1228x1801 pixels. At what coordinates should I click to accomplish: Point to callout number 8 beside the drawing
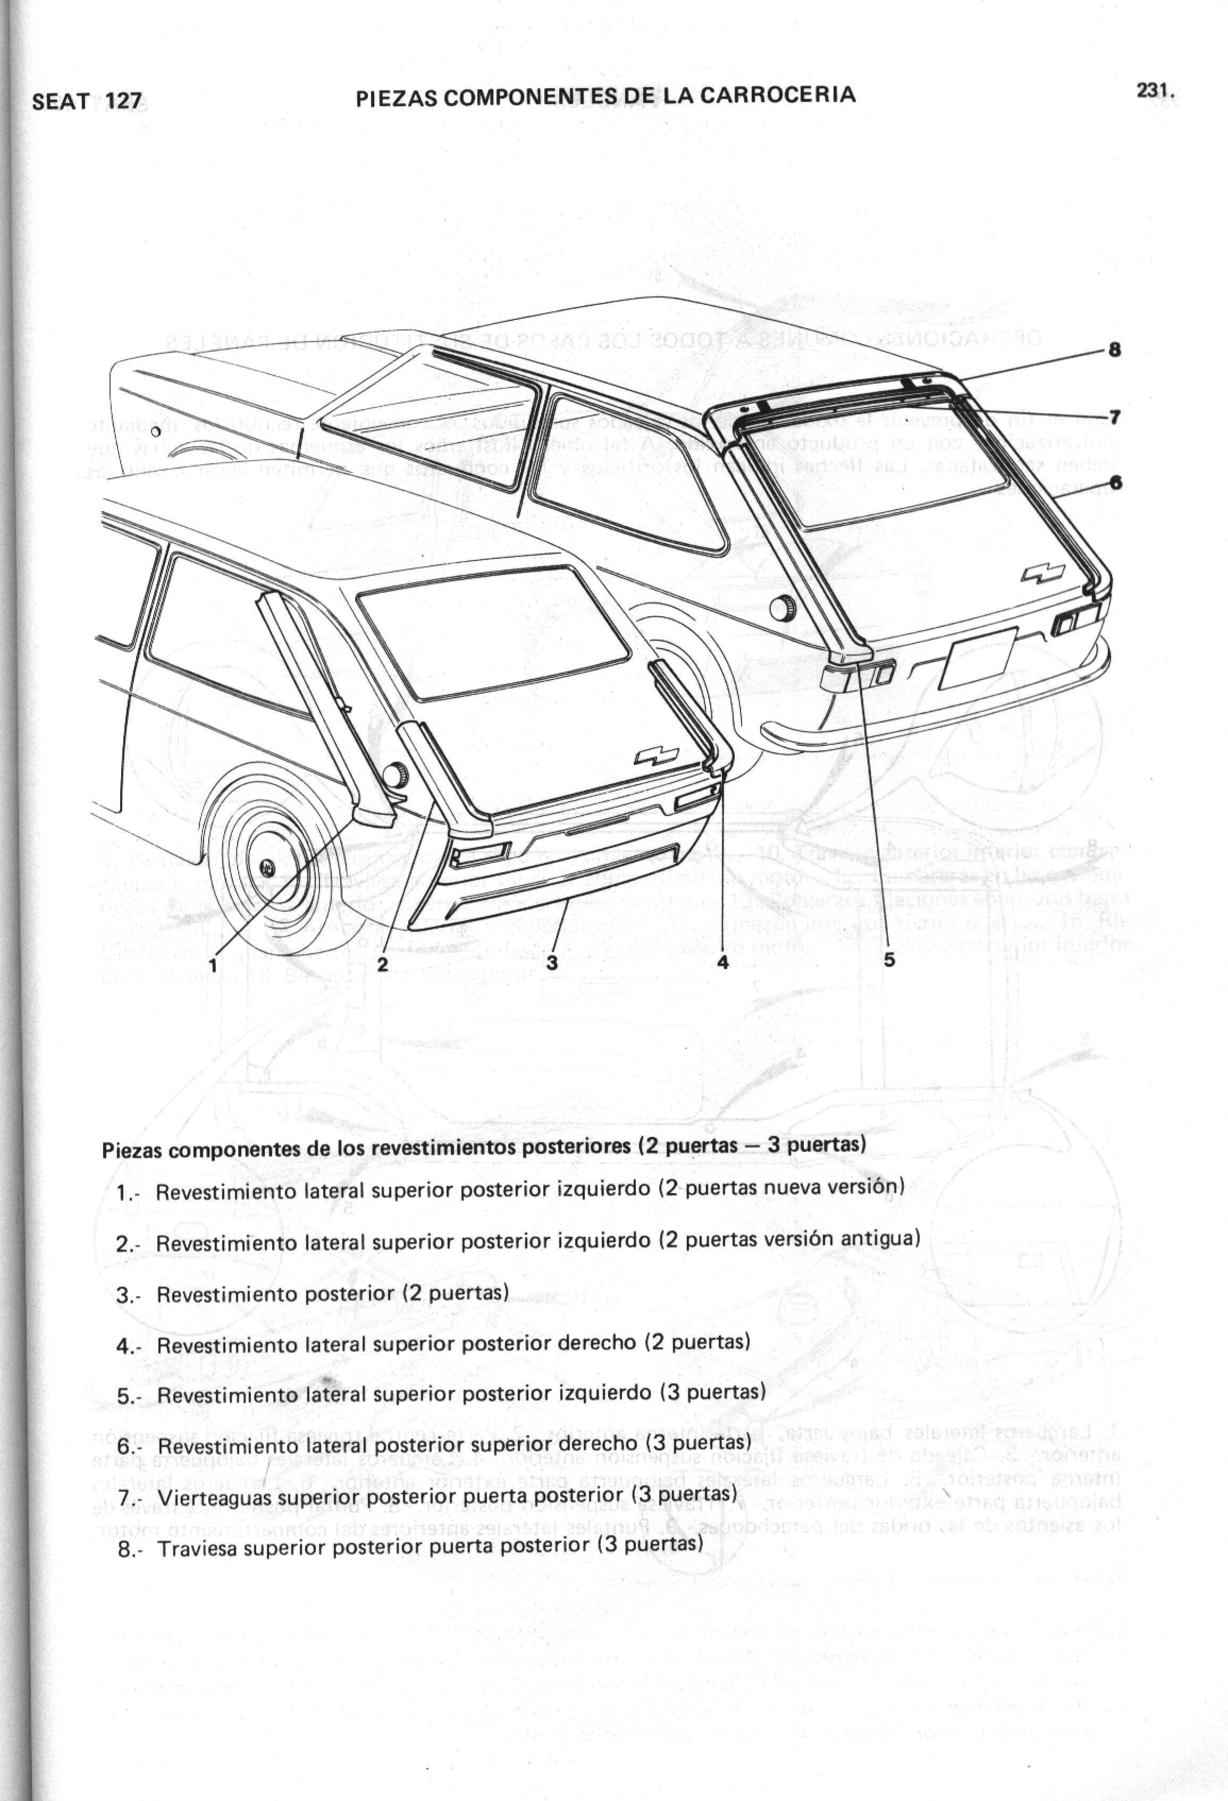tap(1114, 350)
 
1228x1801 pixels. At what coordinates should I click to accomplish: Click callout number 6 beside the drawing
tap(1114, 482)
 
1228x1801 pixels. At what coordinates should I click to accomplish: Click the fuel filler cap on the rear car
tap(781, 608)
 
